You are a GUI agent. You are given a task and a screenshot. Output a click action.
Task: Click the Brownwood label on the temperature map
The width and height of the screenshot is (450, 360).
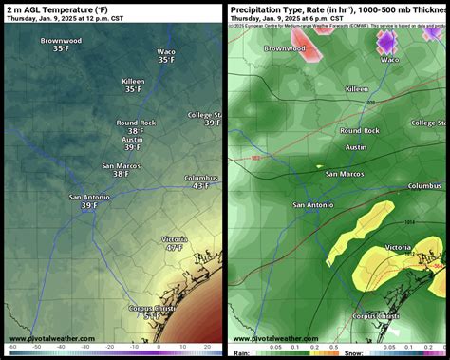tap(61, 42)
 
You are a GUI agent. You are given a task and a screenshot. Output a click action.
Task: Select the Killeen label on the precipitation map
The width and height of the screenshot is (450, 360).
tap(357, 88)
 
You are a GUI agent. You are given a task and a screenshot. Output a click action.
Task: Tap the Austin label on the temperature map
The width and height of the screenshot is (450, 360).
tap(133, 139)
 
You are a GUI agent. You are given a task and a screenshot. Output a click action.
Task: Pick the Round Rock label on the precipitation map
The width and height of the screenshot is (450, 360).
tap(360, 130)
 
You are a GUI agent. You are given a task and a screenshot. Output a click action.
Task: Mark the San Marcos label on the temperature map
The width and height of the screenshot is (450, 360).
tap(122, 165)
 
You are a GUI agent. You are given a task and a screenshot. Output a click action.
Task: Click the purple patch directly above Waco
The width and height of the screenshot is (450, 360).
tap(387, 41)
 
